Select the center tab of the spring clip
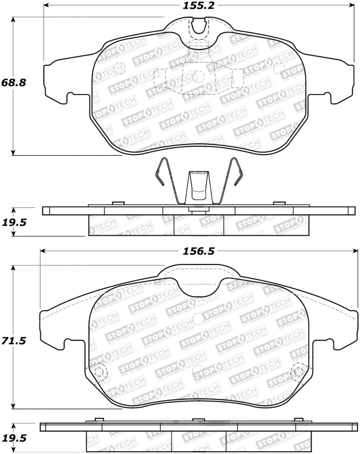point(198,187)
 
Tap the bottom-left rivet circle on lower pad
point(100,372)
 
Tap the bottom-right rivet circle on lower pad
point(297,372)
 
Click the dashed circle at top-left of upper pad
point(119,68)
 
